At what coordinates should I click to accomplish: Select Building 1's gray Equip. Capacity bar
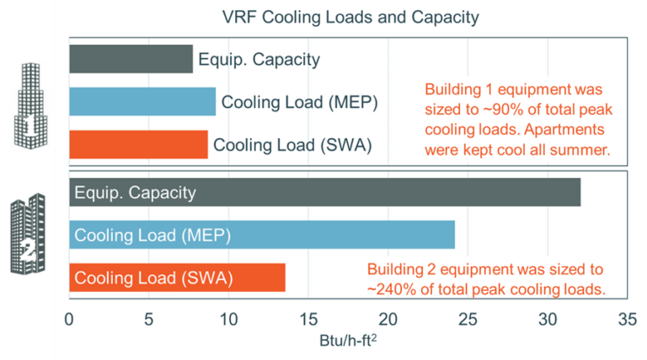[x=131, y=59]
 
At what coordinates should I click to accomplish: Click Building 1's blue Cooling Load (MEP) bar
[x=142, y=102]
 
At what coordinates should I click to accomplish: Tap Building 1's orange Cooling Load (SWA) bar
[x=138, y=144]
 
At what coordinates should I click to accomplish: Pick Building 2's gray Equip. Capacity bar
[x=324, y=192]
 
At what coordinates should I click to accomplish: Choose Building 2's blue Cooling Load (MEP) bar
[x=262, y=234]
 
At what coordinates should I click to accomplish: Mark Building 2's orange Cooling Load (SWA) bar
[x=177, y=277]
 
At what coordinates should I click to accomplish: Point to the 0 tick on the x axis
[x=70, y=320]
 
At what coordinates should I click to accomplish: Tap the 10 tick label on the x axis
[x=228, y=320]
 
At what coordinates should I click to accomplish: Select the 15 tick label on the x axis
[x=308, y=320]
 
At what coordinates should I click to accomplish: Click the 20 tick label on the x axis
[x=388, y=320]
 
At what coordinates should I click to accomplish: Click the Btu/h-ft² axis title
[x=348, y=341]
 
